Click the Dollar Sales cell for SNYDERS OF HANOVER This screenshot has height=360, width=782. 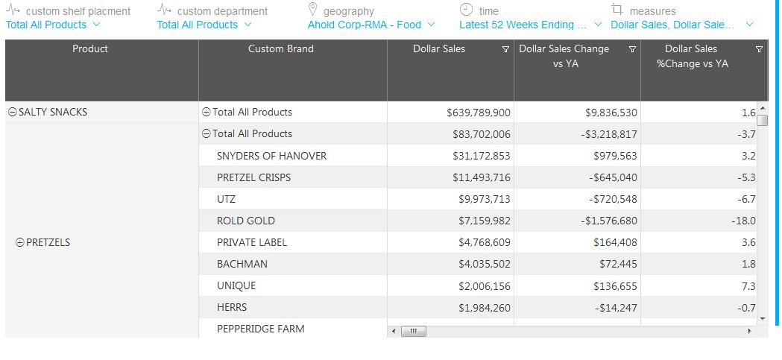click(x=481, y=156)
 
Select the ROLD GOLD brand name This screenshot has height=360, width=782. click(x=245, y=221)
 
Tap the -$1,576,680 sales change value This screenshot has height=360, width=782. click(x=602, y=221)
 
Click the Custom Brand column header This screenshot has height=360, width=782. click(x=280, y=49)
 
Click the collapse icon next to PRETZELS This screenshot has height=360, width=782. click(x=20, y=242)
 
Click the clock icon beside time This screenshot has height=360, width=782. click(x=466, y=10)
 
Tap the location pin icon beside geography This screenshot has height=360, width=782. click(x=313, y=10)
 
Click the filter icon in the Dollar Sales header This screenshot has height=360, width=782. click(x=506, y=50)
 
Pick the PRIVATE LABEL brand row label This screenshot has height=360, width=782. click(x=251, y=242)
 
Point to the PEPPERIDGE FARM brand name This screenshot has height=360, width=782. click(x=260, y=329)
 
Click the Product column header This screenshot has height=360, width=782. click(x=90, y=49)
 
